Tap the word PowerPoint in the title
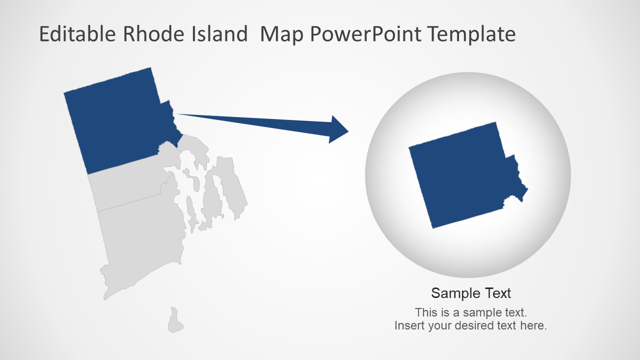pyautogui.click(x=367, y=34)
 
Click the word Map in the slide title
pyautogui.click(x=282, y=34)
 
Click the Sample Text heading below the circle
pyautogui.click(x=471, y=293)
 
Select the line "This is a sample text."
pyautogui.click(x=471, y=312)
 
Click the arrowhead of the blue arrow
pyautogui.click(x=338, y=130)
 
